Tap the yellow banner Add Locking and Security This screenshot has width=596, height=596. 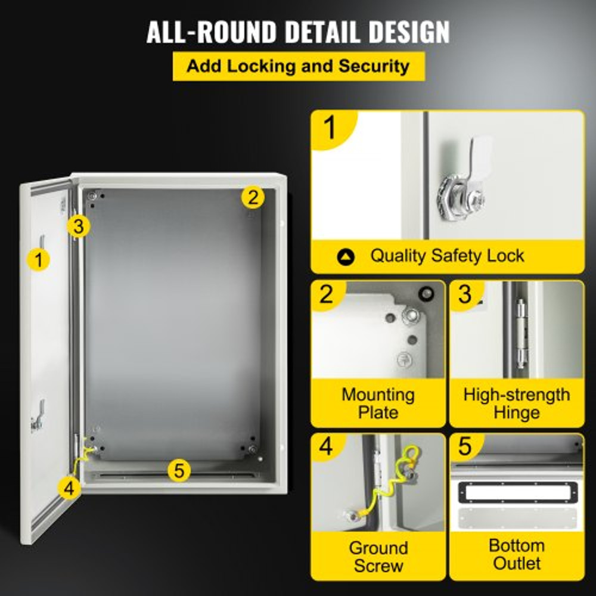[x=298, y=66]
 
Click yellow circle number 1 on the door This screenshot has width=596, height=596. [x=39, y=260]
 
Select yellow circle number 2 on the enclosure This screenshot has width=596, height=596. [x=253, y=197]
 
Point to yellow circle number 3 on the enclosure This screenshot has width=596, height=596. [x=79, y=226]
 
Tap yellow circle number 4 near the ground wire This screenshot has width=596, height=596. [x=69, y=488]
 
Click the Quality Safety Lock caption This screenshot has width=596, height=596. [x=447, y=256]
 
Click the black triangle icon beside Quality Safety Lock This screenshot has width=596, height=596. [x=346, y=257]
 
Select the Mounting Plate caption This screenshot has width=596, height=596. [x=378, y=403]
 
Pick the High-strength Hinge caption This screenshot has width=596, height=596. [x=516, y=403]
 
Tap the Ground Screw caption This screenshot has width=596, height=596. [x=378, y=557]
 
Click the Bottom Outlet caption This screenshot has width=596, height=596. [x=516, y=554]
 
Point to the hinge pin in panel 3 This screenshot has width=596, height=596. [x=522, y=334]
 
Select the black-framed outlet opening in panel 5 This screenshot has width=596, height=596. [x=516, y=492]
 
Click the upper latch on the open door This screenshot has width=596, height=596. [x=42, y=242]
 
